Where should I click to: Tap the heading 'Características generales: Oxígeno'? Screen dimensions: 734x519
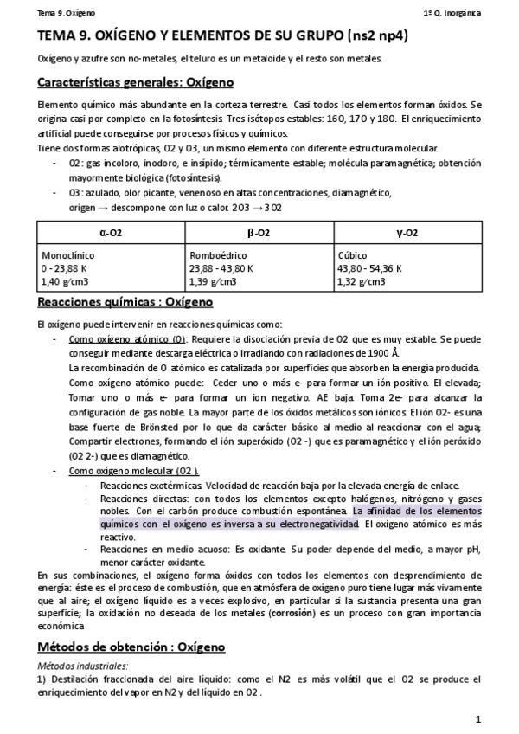[135, 82]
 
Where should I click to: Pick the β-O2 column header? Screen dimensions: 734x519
[258, 234]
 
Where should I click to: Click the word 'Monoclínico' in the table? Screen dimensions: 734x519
[68, 257]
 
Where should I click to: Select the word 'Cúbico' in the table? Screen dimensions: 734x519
[352, 257]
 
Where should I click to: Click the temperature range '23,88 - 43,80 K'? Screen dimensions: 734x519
[221, 269]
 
